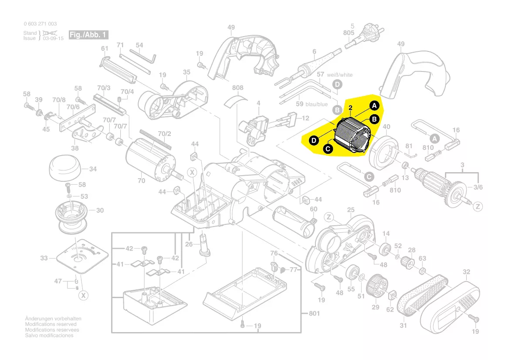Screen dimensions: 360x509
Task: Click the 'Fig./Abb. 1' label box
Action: click(88, 35)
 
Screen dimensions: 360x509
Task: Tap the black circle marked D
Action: click(313, 140)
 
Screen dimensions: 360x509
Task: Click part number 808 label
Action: click(238, 88)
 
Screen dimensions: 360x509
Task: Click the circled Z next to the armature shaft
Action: click(478, 206)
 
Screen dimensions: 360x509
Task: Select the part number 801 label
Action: click(314, 313)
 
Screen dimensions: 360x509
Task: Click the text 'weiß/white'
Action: click(340, 75)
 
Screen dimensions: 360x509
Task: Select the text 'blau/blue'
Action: click(317, 104)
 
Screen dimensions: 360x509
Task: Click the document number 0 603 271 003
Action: click(40, 24)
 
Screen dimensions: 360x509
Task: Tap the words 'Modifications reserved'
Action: click(51, 324)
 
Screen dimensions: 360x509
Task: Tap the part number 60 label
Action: click(314, 209)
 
